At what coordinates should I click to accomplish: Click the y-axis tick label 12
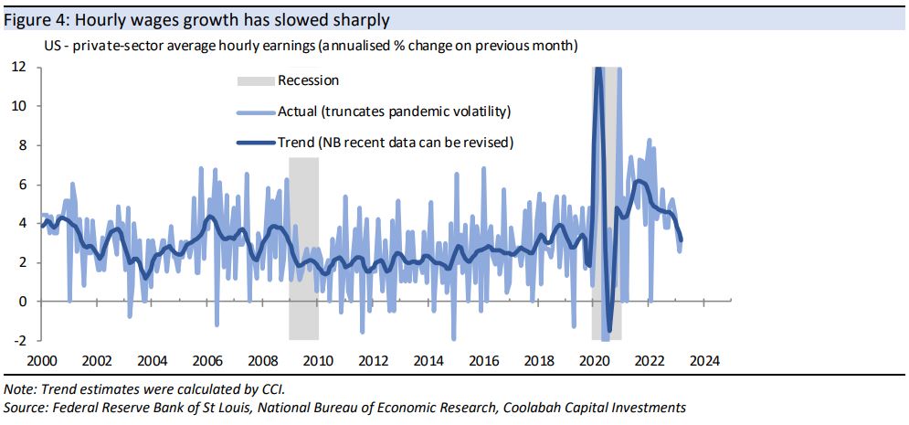pos(18,67)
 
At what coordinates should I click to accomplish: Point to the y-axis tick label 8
pos(21,144)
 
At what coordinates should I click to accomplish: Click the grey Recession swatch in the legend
pos(254,81)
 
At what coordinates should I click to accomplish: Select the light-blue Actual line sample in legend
pos(254,112)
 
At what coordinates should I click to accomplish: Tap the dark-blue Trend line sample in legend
pos(254,142)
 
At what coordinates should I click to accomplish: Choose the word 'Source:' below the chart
pos(26,408)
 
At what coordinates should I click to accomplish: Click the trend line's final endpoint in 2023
pos(681,240)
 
